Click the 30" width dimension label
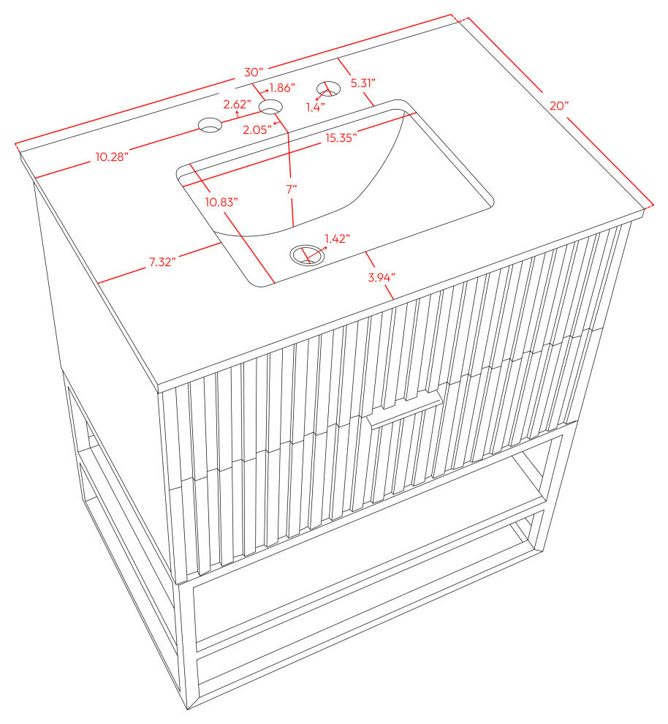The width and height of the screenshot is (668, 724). point(254,72)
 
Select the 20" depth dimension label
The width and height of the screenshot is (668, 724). point(559,106)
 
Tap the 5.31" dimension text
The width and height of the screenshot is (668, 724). point(363,83)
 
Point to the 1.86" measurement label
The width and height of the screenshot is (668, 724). point(282,87)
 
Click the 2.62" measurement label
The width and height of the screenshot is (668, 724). point(238,105)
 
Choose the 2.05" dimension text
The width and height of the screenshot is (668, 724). point(257,129)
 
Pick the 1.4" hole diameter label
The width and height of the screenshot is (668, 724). point(316,107)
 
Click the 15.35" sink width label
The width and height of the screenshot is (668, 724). point(341,138)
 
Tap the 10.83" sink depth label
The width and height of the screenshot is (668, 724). point(222,202)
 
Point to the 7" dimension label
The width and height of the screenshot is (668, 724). point(291,189)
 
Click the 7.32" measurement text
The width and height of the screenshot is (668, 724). point(162,263)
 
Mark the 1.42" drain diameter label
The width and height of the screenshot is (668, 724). point(337,238)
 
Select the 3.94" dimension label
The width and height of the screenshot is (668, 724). point(382,277)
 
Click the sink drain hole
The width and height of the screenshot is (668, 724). point(306,255)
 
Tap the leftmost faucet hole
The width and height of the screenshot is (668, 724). point(210,124)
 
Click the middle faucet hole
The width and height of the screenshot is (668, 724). point(271,107)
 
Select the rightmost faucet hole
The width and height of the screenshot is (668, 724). point(328,88)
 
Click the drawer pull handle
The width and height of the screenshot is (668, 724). point(405,411)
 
